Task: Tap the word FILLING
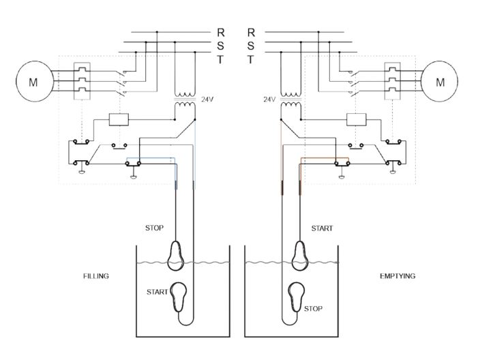96,276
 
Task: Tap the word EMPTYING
397,276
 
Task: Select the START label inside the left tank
157,292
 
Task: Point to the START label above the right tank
322,228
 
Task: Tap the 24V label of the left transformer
208,99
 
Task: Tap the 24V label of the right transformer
269,99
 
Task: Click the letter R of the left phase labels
220,32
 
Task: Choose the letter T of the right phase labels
251,59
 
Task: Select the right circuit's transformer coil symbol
292,101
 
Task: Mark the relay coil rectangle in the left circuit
119,120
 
